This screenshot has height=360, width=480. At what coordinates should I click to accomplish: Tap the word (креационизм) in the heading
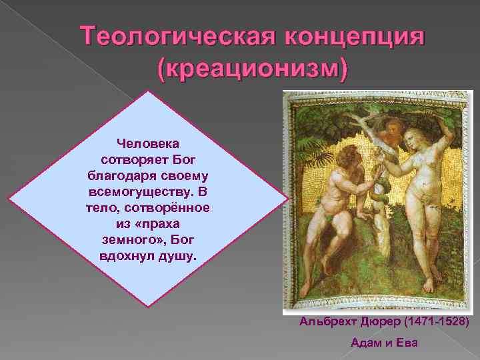(252, 68)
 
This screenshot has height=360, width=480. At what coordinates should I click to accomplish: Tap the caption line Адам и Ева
(384, 343)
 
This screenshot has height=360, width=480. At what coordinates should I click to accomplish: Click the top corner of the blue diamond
(148, 91)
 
